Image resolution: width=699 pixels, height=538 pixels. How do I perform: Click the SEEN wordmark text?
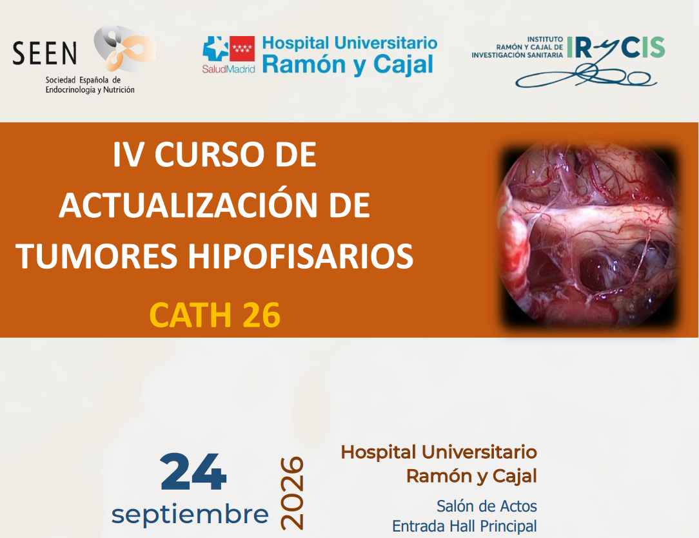point(44,53)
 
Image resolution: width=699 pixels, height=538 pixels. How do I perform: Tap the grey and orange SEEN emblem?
point(125,48)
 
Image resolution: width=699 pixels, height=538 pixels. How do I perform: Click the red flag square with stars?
point(242,48)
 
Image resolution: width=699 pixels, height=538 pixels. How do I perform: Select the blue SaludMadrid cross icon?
point(215,48)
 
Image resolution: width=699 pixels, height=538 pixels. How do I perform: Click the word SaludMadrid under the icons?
point(228,69)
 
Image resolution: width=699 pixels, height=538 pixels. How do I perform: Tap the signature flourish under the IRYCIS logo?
point(586,77)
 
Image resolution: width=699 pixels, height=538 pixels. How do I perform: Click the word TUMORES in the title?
point(97,256)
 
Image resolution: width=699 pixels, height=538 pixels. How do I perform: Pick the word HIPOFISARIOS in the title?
point(300,256)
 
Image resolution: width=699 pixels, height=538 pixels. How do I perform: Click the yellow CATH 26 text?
point(215,315)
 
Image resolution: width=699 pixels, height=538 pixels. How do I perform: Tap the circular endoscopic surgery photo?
point(589,236)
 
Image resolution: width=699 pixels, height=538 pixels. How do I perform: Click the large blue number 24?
point(193,472)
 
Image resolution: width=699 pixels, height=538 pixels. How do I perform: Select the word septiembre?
point(190,514)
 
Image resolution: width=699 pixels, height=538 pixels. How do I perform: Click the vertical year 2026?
point(292,493)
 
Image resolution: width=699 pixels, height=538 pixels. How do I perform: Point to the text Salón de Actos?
point(487,506)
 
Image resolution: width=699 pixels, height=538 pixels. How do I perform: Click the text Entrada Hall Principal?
point(464,526)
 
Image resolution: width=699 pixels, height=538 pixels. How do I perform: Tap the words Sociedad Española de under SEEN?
point(83,80)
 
